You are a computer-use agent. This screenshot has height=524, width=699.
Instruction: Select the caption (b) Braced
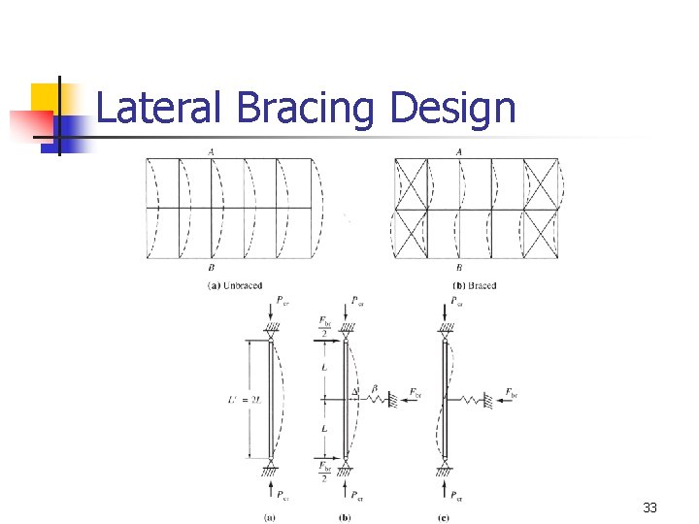click(475, 285)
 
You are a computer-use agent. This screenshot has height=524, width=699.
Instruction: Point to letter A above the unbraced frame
click(211, 151)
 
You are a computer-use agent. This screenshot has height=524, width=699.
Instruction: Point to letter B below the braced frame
click(458, 268)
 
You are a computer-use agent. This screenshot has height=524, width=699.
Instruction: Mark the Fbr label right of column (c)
click(511, 393)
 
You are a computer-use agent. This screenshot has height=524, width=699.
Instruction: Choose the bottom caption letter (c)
click(444, 517)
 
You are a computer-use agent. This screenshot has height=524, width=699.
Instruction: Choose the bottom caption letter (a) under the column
click(270, 517)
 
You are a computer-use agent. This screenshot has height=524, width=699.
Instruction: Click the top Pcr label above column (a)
click(281, 300)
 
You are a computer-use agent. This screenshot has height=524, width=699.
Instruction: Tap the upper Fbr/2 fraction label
click(322, 326)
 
